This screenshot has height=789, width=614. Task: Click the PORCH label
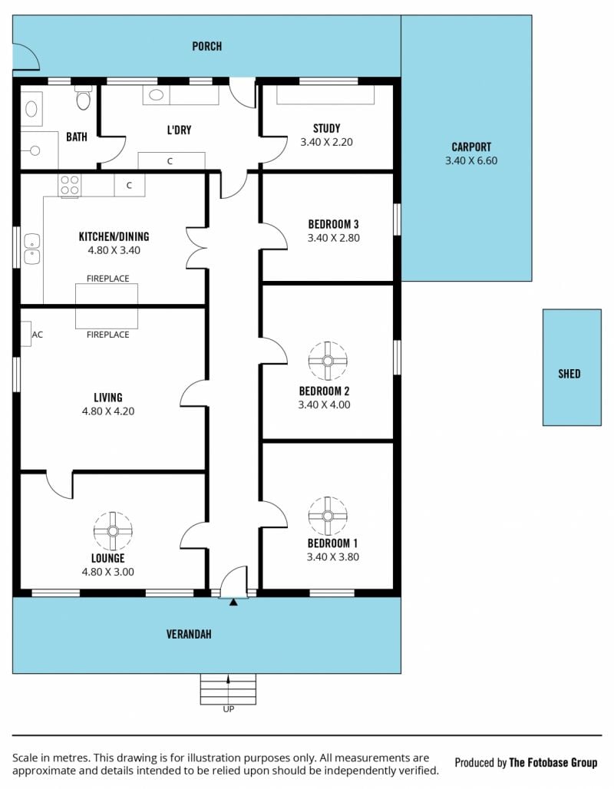point(207,46)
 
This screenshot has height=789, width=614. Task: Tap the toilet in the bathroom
point(84,97)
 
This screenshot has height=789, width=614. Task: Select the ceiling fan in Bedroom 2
point(328,361)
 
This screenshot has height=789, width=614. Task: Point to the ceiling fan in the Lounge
point(113,531)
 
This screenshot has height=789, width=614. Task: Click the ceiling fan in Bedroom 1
point(328,516)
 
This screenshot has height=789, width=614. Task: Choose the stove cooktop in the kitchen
point(69,185)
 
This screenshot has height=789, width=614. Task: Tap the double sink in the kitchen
point(31,249)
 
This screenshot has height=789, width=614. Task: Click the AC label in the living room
point(38,335)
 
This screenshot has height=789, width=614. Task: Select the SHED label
point(569,374)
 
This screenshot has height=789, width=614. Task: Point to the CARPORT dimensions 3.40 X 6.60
point(471,161)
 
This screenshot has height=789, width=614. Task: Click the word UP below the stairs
point(229,709)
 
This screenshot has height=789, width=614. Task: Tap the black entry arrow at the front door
point(233,602)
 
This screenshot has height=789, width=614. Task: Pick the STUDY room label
point(327,128)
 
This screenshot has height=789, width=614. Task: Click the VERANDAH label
point(189,634)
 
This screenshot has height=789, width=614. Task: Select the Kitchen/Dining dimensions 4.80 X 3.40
point(114,250)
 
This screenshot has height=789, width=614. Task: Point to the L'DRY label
point(179,130)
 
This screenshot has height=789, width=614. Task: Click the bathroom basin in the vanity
point(31,109)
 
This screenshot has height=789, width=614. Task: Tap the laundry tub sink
point(156,94)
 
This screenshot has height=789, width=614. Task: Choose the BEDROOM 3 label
point(333,224)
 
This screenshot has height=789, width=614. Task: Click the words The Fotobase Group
point(553,763)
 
